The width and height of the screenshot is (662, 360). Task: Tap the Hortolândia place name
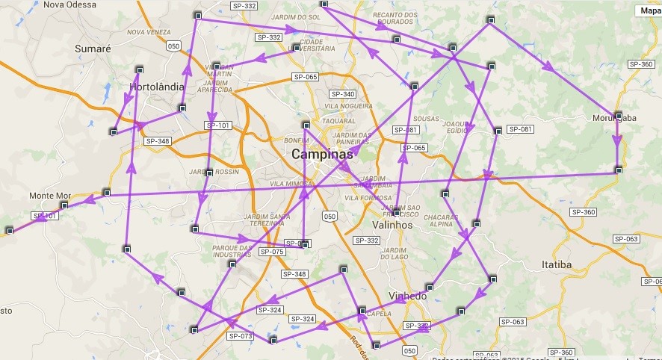(x=156, y=87)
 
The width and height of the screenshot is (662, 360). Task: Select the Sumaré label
(x=93, y=49)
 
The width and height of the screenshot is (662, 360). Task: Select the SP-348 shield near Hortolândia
(x=158, y=141)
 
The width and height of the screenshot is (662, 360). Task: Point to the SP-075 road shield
(x=272, y=252)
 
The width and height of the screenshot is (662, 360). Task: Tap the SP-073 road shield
(x=241, y=336)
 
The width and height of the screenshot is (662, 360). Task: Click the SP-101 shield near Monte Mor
(x=44, y=216)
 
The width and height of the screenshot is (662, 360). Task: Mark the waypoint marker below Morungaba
(x=618, y=170)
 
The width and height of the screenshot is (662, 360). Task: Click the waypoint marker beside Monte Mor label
(x=65, y=205)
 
